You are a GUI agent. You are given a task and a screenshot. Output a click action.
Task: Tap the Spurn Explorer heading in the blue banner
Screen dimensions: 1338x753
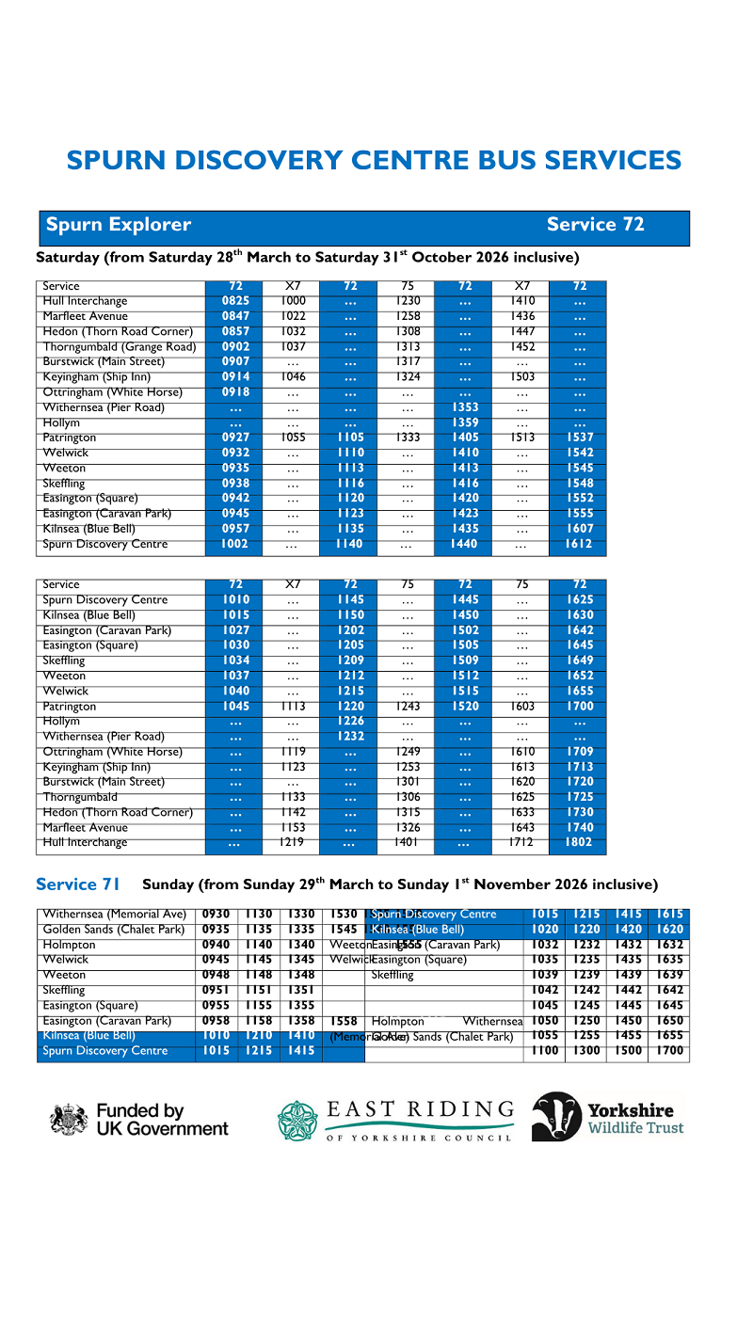[x=119, y=225]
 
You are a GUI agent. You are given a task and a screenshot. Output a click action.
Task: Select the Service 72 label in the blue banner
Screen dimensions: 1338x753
[x=595, y=225]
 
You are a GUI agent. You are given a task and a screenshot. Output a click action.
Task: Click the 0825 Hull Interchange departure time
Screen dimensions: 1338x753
[x=235, y=301]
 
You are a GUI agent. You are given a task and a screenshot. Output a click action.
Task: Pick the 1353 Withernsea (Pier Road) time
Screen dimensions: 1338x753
[x=465, y=407]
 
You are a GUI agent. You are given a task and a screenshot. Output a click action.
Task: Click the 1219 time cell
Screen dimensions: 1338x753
[x=293, y=843]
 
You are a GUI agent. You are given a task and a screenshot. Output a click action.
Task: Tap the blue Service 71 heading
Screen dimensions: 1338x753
[x=78, y=884]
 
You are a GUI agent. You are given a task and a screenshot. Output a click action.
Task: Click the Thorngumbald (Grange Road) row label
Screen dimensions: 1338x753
[x=120, y=346]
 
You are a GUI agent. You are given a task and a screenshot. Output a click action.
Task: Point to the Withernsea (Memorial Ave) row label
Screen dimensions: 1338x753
[x=115, y=914]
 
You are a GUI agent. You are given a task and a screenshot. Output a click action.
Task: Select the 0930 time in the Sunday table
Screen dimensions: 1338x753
[x=216, y=914]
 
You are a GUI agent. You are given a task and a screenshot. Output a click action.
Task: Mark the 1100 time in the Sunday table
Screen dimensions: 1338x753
[x=545, y=1050]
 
